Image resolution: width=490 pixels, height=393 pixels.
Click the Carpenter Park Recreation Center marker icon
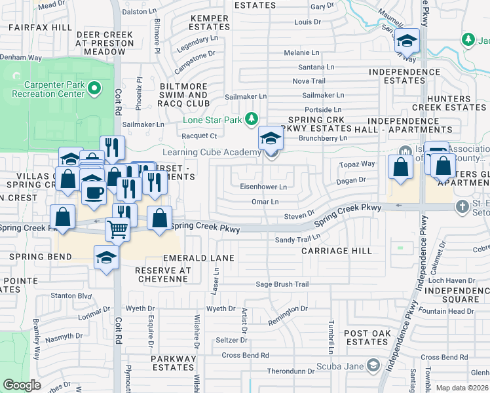[x=94, y=88]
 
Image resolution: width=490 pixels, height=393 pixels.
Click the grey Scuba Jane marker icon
[x=373, y=364]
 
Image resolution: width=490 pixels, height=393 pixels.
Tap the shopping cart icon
[x=117, y=229]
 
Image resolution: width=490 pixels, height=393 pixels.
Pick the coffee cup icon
[x=93, y=193]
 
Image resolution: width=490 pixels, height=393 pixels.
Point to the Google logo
[x=22, y=385]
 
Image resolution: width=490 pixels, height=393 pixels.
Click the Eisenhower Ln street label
[x=264, y=187]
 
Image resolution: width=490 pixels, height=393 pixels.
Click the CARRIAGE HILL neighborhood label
[x=337, y=251]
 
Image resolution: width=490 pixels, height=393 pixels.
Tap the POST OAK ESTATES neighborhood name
[x=367, y=338]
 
